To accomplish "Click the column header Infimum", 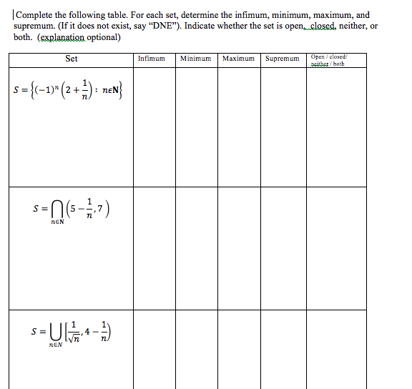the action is [151, 59].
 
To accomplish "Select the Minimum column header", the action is [195, 59].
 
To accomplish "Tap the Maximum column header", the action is [239, 59].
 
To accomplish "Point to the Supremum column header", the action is [283, 59].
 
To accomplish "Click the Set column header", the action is [72, 59].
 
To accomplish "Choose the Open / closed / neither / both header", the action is [328, 59].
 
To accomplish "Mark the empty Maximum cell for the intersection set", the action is [239, 247].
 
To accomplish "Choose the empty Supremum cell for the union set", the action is [283, 349].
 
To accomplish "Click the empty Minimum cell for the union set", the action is [195, 349].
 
